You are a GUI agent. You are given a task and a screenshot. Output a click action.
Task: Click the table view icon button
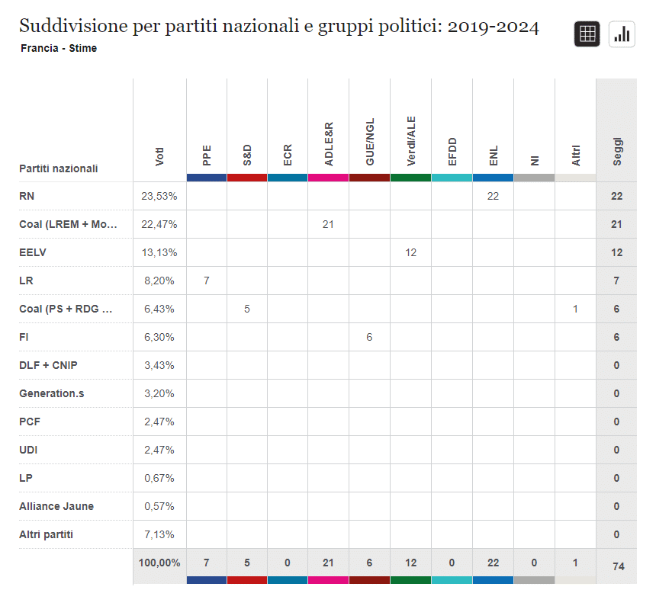[587, 34]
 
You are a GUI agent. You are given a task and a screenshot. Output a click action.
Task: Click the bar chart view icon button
[622, 34]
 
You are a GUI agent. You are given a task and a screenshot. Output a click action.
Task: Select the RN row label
[27, 196]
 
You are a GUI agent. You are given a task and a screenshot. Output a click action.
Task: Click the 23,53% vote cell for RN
[159, 196]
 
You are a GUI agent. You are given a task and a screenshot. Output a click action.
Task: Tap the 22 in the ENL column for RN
[493, 196]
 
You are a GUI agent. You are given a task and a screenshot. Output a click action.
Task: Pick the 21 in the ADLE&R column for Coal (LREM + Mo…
[328, 224]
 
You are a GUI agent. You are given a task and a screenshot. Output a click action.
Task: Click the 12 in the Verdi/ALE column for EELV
[410, 252]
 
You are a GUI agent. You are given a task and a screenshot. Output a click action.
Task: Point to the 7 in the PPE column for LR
[206, 281]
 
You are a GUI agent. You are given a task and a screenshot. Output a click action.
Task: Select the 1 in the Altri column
[575, 309]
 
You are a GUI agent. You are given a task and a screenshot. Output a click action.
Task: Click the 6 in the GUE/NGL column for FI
[369, 337]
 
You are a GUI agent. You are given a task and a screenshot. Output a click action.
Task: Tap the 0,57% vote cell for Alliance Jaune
[159, 506]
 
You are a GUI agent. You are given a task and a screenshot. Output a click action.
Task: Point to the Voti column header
[159, 156]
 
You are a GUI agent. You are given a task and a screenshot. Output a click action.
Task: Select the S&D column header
[247, 155]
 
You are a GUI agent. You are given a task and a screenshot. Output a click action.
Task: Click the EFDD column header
[452, 152]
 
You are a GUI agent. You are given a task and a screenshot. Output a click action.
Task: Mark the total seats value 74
[616, 566]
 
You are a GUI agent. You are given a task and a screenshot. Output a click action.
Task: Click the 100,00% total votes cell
[159, 563]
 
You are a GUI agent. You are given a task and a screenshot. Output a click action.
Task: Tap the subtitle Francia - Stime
[59, 48]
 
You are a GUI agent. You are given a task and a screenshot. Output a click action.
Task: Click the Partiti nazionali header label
[59, 168]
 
